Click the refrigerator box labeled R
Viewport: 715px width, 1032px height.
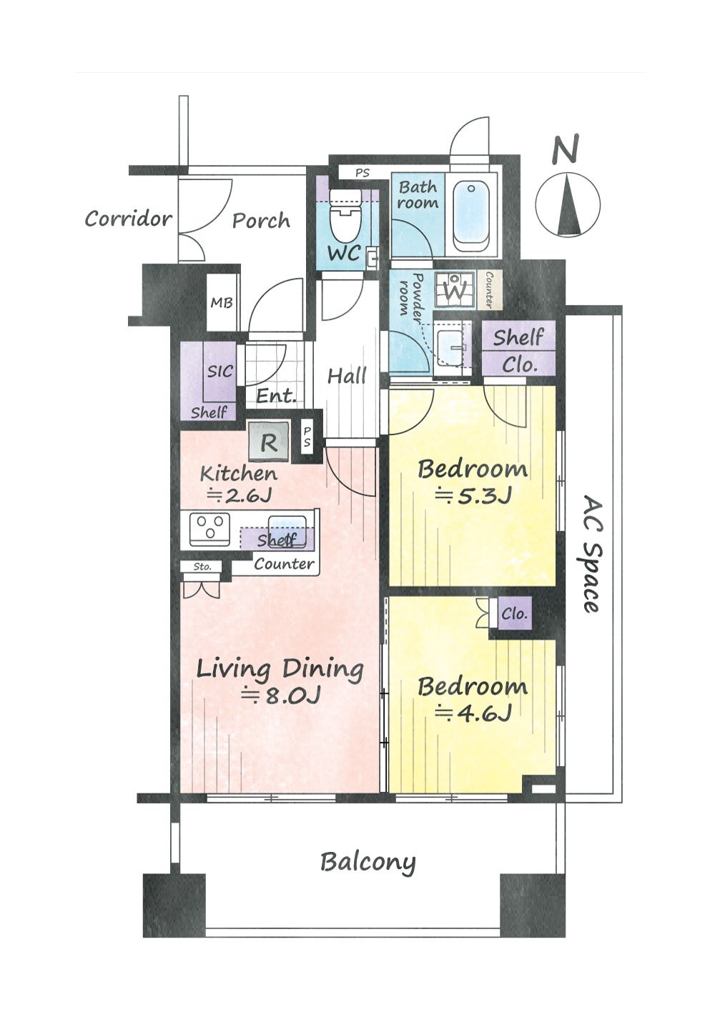pyautogui.click(x=269, y=441)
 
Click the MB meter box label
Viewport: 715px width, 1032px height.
pyautogui.click(x=222, y=303)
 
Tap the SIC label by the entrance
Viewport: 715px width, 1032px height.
pyautogui.click(x=220, y=371)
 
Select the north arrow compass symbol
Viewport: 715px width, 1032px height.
pyautogui.click(x=568, y=205)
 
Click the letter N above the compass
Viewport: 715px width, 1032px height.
pyautogui.click(x=566, y=149)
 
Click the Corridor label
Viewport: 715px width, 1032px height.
pyautogui.click(x=128, y=219)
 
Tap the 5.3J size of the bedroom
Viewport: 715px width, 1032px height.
pyautogui.click(x=473, y=496)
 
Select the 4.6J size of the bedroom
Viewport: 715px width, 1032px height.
pyautogui.click(x=473, y=714)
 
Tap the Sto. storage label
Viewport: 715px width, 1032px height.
pyautogui.click(x=202, y=566)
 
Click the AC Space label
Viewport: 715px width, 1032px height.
pyautogui.click(x=591, y=553)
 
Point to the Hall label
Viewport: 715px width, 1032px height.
pyautogui.click(x=347, y=376)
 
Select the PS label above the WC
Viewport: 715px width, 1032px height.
pyautogui.click(x=362, y=174)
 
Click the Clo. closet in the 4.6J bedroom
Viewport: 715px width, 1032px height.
pyautogui.click(x=514, y=613)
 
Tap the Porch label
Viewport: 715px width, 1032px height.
pyautogui.click(x=261, y=221)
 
